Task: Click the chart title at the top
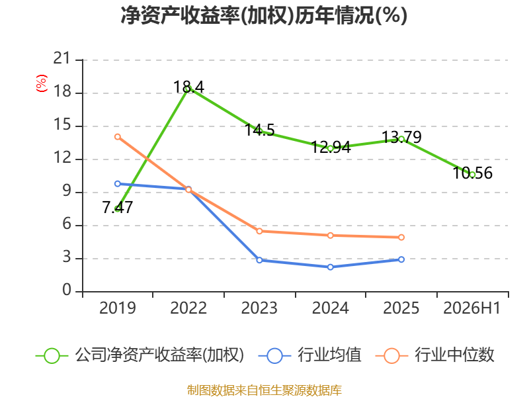(x=264, y=15)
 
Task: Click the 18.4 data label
(x=188, y=87)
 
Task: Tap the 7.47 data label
(x=118, y=207)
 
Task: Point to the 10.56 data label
(x=472, y=173)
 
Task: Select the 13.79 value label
(x=401, y=137)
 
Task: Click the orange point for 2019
(x=118, y=137)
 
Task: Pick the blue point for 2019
(x=118, y=184)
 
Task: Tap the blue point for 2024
(x=330, y=267)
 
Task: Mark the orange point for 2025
(x=401, y=238)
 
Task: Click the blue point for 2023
(x=259, y=260)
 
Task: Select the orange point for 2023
(x=259, y=231)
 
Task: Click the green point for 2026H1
(x=472, y=175)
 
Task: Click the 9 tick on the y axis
(x=67, y=191)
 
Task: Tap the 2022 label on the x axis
(x=188, y=308)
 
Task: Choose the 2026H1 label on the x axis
(x=472, y=308)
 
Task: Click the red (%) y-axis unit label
(x=42, y=83)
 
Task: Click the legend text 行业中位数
(x=454, y=355)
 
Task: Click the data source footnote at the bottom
(x=264, y=390)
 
